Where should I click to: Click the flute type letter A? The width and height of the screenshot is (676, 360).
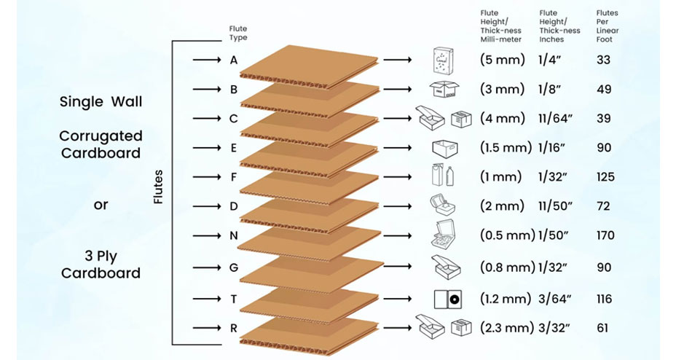pyautogui.click(x=234, y=60)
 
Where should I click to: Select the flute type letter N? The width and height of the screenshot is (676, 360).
pyautogui.click(x=234, y=236)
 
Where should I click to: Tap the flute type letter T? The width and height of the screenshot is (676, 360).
pyautogui.click(x=234, y=299)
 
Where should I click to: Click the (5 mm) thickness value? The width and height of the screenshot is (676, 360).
pyautogui.click(x=502, y=60)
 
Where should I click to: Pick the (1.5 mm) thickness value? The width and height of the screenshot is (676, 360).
pyautogui.click(x=506, y=147)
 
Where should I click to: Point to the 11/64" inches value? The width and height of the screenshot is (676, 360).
pyautogui.click(x=555, y=119)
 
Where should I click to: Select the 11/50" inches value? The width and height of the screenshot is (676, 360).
pyautogui.click(x=555, y=206)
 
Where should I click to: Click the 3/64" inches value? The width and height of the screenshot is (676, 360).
pyautogui.click(x=555, y=299)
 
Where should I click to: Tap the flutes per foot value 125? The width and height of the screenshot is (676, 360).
pyautogui.click(x=606, y=177)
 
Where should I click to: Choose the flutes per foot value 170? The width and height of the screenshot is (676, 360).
pyautogui.click(x=606, y=235)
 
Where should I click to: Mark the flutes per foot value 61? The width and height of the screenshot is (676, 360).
pyautogui.click(x=602, y=328)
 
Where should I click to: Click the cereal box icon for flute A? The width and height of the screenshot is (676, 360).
pyautogui.click(x=443, y=60)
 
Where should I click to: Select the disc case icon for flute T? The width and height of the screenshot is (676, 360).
pyautogui.click(x=448, y=300)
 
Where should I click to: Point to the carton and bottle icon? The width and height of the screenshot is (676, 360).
pyautogui.click(x=443, y=176)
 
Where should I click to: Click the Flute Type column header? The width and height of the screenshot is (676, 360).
pyautogui.click(x=238, y=34)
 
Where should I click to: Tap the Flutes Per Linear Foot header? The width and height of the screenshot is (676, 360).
pyautogui.click(x=608, y=26)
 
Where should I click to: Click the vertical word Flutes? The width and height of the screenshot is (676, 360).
pyautogui.click(x=158, y=187)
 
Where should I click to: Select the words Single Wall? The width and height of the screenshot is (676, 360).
pyautogui.click(x=101, y=102)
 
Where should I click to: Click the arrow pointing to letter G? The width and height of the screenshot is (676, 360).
pyautogui.click(x=207, y=267)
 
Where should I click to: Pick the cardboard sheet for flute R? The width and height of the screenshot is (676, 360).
pyautogui.click(x=309, y=334)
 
